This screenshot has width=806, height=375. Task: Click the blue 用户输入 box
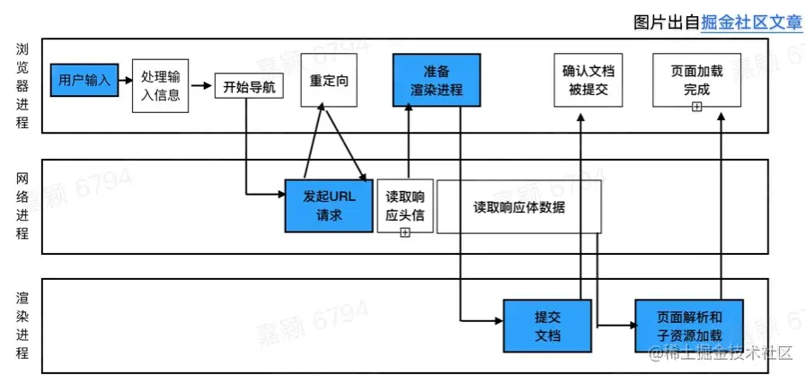click(x=84, y=80)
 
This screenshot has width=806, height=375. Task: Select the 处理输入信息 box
click(x=161, y=86)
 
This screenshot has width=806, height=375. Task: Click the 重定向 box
click(x=329, y=80)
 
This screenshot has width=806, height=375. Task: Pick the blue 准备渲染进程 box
click(x=436, y=80)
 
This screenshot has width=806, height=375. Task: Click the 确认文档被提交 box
click(x=586, y=80)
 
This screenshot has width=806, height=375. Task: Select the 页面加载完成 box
click(x=695, y=80)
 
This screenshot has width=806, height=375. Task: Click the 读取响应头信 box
click(x=404, y=205)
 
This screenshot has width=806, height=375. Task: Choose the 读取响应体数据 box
click(x=519, y=205)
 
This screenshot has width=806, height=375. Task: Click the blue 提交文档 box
click(x=547, y=326)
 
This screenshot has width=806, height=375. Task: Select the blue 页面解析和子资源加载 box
click(x=689, y=326)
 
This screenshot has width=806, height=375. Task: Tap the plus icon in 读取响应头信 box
click(x=404, y=232)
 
